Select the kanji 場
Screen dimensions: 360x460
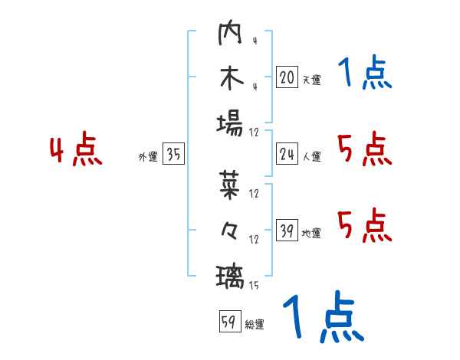(230, 122)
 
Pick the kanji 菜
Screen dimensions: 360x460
(230, 184)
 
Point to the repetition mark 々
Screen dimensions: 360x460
(230, 229)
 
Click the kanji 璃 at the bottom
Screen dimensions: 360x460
(230, 273)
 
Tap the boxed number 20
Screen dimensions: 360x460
(287, 77)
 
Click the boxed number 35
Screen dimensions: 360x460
(173, 155)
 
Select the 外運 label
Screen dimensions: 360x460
(148, 157)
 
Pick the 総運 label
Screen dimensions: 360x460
(255, 324)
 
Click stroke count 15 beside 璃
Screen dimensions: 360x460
(253, 286)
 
